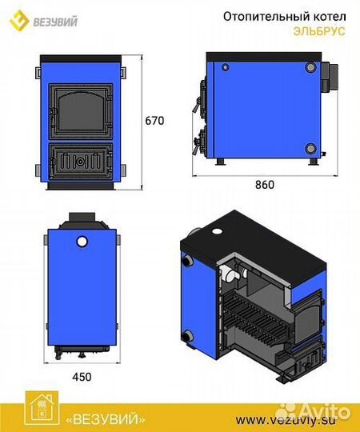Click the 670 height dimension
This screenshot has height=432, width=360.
(x=154, y=121)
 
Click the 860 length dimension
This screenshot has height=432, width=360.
(x=265, y=185)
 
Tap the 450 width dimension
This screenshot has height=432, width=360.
(x=82, y=377)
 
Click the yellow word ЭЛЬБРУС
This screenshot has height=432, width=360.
(x=319, y=31)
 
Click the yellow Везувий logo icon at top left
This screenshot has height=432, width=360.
(x=19, y=20)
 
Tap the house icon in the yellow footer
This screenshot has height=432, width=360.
(x=42, y=408)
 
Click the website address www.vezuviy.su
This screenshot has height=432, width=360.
(x=286, y=421)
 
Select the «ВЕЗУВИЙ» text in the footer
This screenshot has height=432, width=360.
(x=106, y=420)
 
